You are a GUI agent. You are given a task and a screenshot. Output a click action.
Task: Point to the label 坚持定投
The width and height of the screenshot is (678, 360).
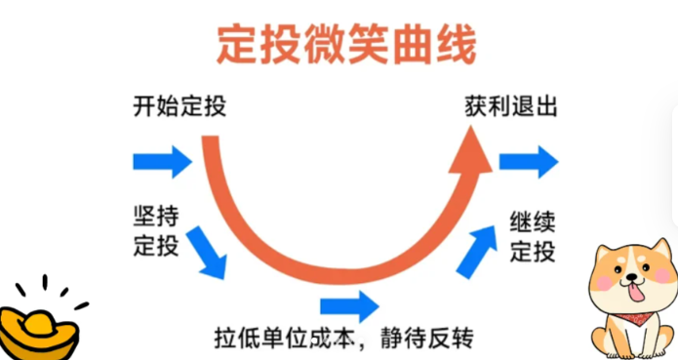pos(155,230)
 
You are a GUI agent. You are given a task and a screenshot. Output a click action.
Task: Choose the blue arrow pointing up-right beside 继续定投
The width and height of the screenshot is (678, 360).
pos(475,250)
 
